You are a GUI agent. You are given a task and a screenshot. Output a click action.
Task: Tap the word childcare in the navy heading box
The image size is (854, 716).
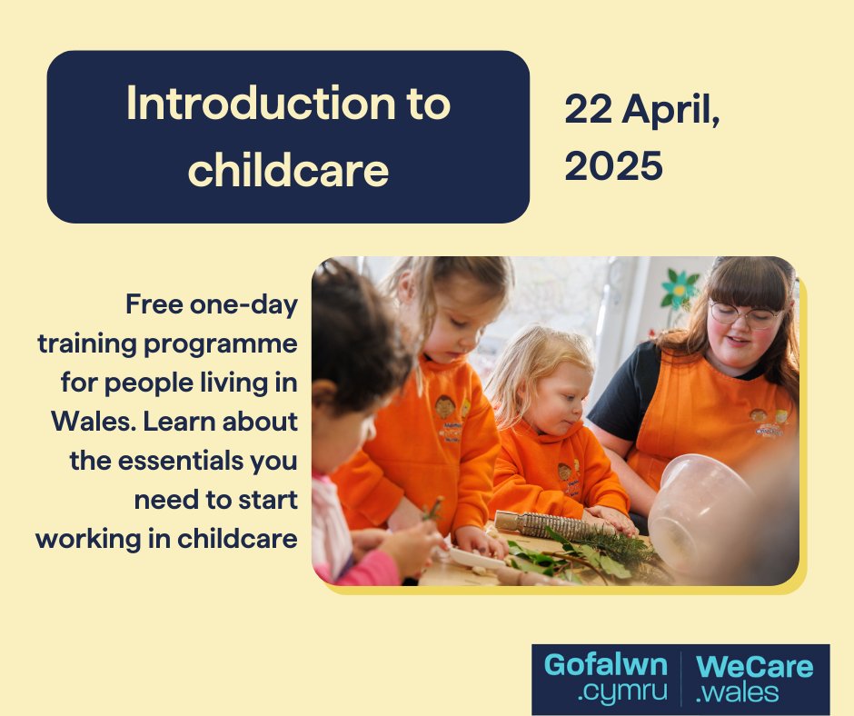coord(288,170)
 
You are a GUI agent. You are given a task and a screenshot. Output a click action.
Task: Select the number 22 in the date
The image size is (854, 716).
coord(589,111)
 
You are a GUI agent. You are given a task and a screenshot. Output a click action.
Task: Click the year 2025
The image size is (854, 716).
coord(613,166)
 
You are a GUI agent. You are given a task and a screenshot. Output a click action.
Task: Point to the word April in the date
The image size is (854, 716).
coord(671,113)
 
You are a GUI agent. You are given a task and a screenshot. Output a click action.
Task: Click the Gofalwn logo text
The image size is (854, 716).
coord(605,665)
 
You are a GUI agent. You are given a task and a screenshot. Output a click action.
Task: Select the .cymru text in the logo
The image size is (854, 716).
coord(622,692)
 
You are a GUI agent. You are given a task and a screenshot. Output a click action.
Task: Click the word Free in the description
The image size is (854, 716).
coord(159,305)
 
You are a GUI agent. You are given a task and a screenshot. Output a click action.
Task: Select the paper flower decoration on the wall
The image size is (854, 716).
coord(678,290)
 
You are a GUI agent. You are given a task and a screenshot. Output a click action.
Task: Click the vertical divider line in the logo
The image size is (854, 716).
coord(681,679)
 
